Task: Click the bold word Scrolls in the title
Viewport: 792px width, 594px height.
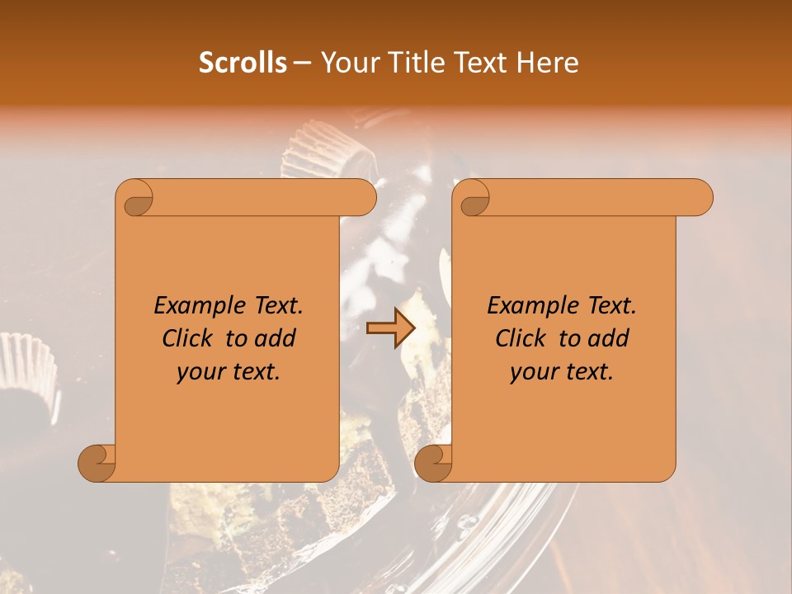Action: coord(243,63)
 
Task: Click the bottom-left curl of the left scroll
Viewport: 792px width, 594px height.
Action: coord(97,463)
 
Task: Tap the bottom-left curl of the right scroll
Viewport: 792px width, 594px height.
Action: coord(434,463)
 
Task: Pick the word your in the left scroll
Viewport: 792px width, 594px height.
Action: coord(200,372)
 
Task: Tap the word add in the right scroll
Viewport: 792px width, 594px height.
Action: coord(610,339)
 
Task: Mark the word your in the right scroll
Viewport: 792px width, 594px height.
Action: coord(534,372)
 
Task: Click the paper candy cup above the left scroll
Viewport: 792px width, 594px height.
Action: coord(322,148)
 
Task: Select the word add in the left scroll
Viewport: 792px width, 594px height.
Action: coord(276,339)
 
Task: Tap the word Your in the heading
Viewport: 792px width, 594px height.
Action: coord(347,63)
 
